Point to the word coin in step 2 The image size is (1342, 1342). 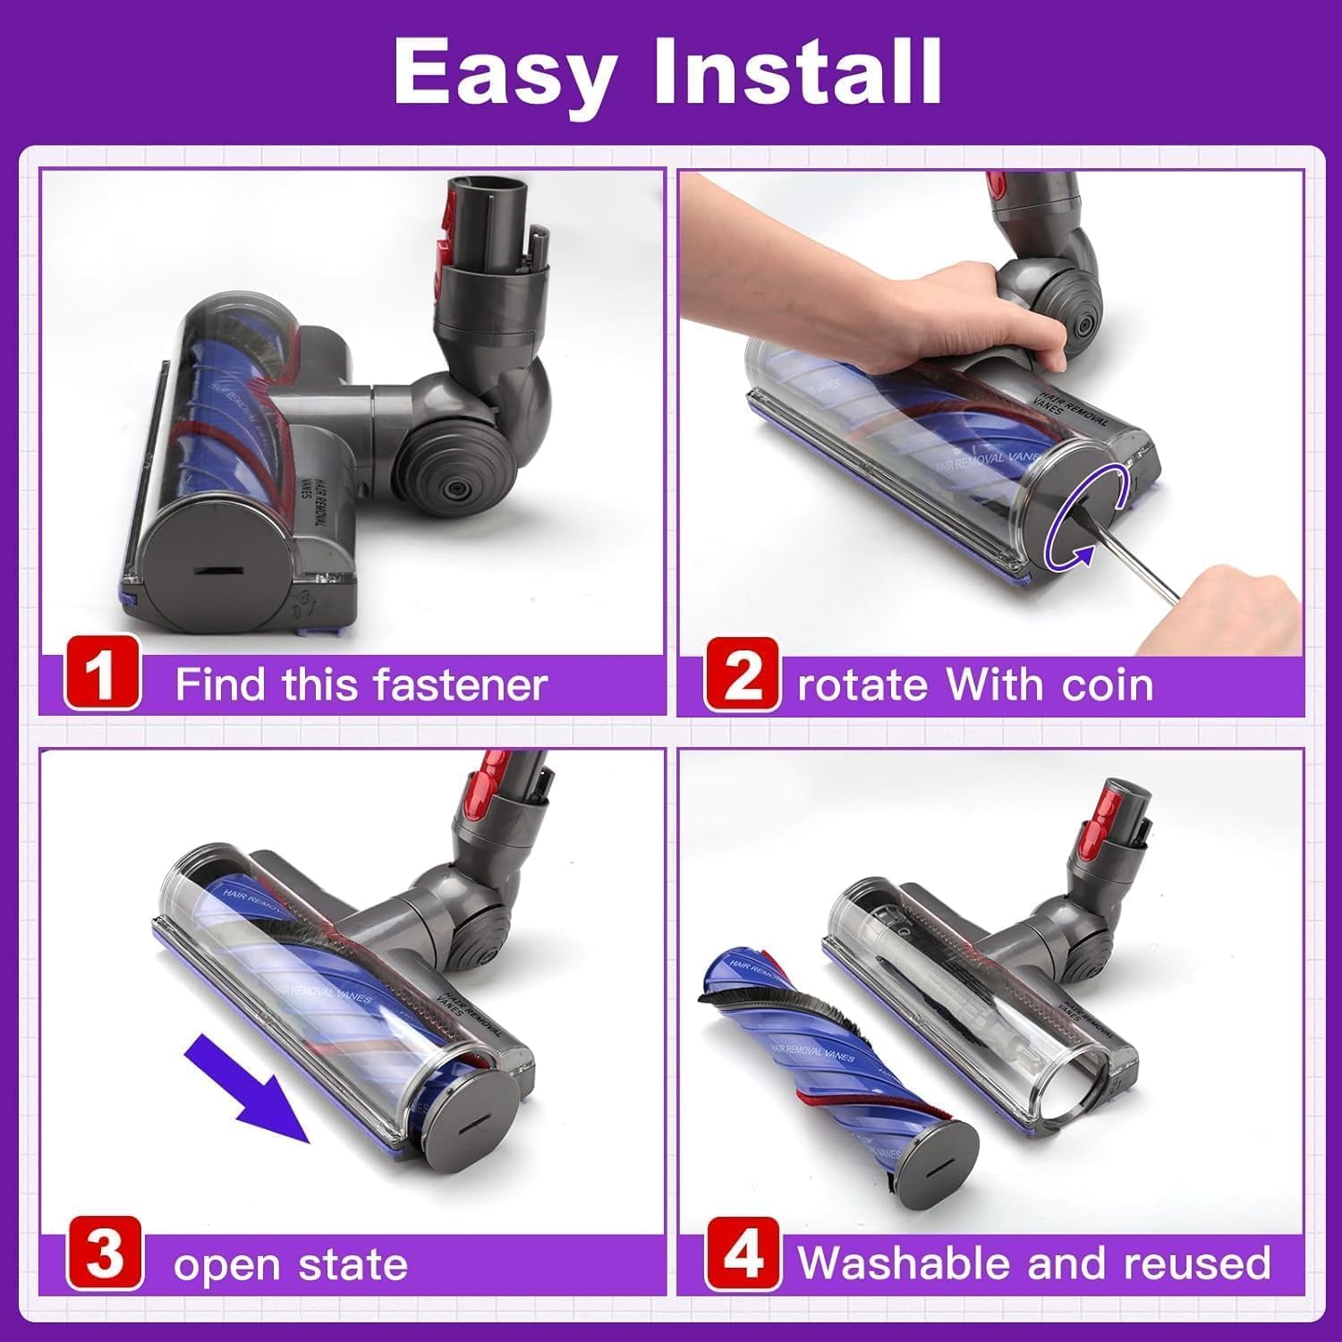tap(1108, 685)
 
